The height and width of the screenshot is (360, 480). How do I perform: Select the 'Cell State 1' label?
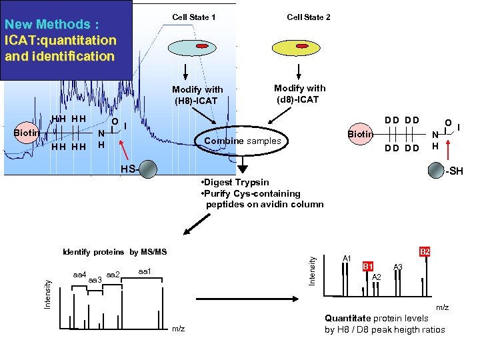[x=193, y=17]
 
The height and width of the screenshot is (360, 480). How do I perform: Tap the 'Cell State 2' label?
[x=308, y=17]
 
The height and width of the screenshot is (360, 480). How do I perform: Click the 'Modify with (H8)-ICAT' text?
[x=197, y=95]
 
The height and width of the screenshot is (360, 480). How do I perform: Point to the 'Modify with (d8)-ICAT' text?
[x=300, y=93]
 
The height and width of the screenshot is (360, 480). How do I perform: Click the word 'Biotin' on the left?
[x=27, y=132]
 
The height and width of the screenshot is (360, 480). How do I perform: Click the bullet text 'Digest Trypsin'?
[x=237, y=182]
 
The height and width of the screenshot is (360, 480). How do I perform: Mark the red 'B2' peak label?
[x=425, y=252]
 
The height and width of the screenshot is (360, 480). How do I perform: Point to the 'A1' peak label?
[x=347, y=258]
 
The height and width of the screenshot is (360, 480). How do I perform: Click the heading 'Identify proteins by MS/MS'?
[x=114, y=252]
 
